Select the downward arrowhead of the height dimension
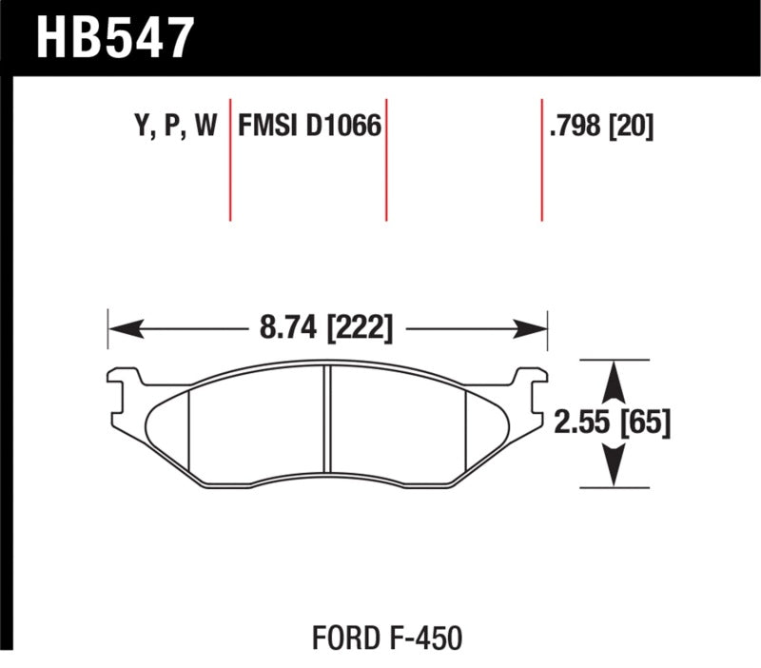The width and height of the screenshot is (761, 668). click(x=615, y=470)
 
